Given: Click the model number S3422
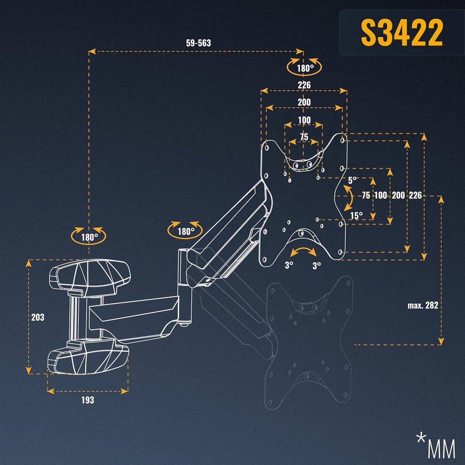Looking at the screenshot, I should pyautogui.click(x=401, y=33).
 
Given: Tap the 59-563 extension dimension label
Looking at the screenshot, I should pyautogui.click(x=198, y=43).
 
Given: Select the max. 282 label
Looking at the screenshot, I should pyautogui.click(x=423, y=305).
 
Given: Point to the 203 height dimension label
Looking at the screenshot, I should pyautogui.click(x=38, y=317).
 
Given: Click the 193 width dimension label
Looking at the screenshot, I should pyautogui.click(x=87, y=400).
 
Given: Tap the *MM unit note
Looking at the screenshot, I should pyautogui.click(x=435, y=446).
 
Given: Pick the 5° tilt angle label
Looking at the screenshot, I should pyautogui.click(x=353, y=180).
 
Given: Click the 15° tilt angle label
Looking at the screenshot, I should pyautogui.click(x=356, y=215).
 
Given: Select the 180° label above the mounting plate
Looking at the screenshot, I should pyautogui.click(x=304, y=68).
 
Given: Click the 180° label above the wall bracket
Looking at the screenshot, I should pyautogui.click(x=88, y=236).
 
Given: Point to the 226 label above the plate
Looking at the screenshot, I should pyautogui.click(x=304, y=85).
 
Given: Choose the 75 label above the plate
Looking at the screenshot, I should pyautogui.click(x=304, y=137).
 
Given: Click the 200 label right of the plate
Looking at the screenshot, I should pyautogui.click(x=398, y=195).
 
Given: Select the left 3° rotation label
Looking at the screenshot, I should pyautogui.click(x=288, y=266).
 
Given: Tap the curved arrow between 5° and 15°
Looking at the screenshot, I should pyautogui.click(x=349, y=198).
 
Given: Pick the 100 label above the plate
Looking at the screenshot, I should pyautogui.click(x=304, y=119).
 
